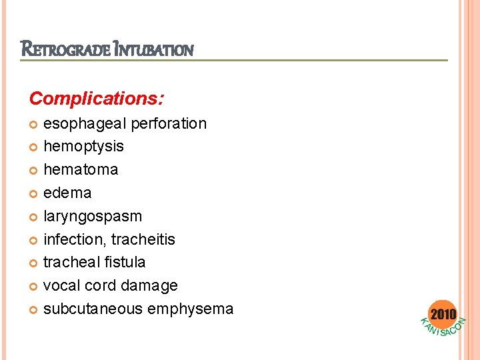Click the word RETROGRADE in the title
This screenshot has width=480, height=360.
tap(65, 49)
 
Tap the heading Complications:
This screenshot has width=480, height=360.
tap(97, 99)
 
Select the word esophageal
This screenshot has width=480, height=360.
tap(85, 123)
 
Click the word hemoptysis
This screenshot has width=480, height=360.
tap(83, 146)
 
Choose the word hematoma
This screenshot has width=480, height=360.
tap(81, 169)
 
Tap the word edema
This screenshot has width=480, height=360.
tap(67, 193)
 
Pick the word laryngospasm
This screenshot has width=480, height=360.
tap(93, 216)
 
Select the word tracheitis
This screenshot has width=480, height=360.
tap(143, 239)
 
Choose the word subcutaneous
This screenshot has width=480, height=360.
tap(91, 309)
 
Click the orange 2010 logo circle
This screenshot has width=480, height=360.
tap(443, 314)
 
